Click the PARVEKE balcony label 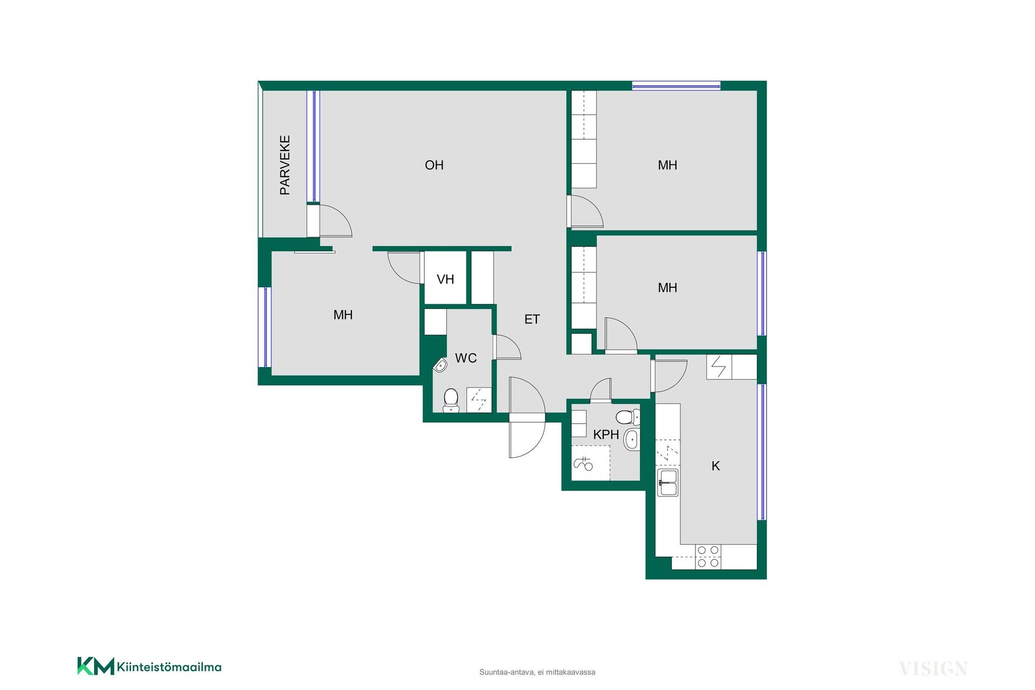click(x=285, y=165)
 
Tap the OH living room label click(x=434, y=165)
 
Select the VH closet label click(x=445, y=279)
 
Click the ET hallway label click(x=532, y=319)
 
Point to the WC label click(x=466, y=358)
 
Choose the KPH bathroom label click(x=606, y=434)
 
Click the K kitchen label click(x=716, y=466)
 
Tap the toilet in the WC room click(x=451, y=401)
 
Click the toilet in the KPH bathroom click(x=627, y=417)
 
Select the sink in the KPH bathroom click(x=631, y=439)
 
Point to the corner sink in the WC click(x=440, y=365)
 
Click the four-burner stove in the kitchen click(x=708, y=557)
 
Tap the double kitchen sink click(x=667, y=482)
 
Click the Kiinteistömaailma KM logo click(x=149, y=666)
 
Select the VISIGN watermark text click(x=933, y=669)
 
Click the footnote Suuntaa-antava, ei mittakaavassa click(x=537, y=672)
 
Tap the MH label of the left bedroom click(x=343, y=315)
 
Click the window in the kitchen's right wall click(x=762, y=452)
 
